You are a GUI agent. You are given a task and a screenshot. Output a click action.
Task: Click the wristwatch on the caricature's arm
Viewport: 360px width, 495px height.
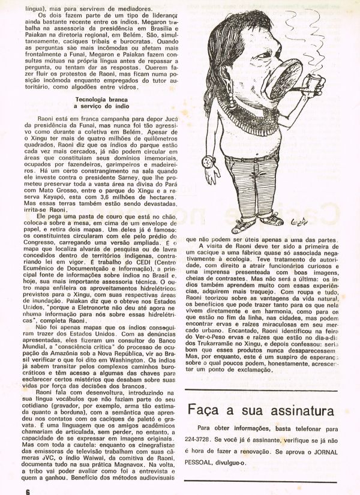click(209, 161)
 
